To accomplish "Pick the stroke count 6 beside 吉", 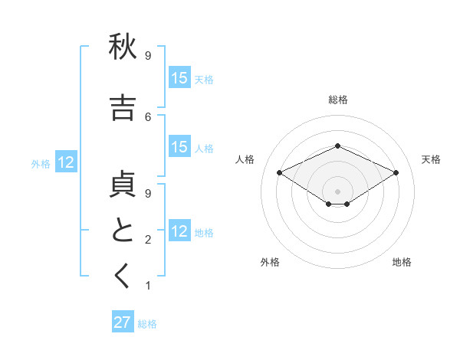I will [x=148, y=116].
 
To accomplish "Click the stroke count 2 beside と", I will [x=148, y=241].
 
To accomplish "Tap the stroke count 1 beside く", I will [x=148, y=286].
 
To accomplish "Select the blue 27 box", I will [x=122, y=322].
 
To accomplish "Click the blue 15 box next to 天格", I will [x=179, y=78].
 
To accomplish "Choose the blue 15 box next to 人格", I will [x=179, y=148].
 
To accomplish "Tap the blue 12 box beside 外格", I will [x=66, y=162].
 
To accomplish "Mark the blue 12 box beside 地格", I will [x=179, y=231].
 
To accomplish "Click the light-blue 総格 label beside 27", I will [x=147, y=324].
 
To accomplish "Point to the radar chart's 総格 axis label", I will [x=337, y=100].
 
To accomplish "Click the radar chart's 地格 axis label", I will [x=402, y=262].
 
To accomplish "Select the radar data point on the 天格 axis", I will [x=396, y=172].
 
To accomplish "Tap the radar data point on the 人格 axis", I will [x=280, y=172].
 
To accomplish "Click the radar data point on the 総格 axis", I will [x=337, y=146].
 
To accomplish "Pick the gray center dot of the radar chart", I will [x=337, y=191].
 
